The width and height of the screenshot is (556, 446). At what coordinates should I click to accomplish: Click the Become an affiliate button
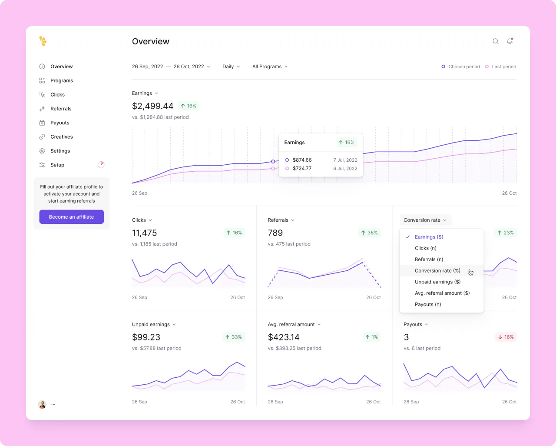coord(71,217)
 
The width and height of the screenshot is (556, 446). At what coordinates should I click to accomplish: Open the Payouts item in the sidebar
coord(60,123)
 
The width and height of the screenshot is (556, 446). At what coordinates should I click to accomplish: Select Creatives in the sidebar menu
coord(61,136)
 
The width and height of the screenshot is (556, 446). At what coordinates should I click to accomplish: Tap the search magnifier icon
coord(495,41)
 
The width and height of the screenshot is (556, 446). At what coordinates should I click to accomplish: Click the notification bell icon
coord(510,41)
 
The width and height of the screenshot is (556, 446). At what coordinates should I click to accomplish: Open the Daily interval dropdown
coord(231,67)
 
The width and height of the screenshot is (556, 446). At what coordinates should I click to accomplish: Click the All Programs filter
coord(270,67)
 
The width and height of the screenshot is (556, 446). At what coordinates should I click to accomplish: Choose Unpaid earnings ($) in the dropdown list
coord(437,282)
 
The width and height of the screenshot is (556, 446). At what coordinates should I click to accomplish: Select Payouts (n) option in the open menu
coord(428,304)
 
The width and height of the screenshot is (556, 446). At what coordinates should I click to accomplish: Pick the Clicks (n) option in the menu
coord(426,248)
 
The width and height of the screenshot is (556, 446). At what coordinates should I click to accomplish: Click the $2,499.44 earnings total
coord(152,106)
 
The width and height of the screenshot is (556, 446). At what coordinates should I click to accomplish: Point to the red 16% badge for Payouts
coord(506,337)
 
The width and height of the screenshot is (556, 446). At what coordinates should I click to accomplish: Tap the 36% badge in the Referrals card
coord(369,233)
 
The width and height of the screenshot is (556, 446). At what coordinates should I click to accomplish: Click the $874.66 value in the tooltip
coord(302,160)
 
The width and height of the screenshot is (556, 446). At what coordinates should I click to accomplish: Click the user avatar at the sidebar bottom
coord(42,404)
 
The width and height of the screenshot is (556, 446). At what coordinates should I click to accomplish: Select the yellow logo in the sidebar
coord(43,41)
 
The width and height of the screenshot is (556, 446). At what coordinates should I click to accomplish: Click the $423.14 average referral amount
coord(284,337)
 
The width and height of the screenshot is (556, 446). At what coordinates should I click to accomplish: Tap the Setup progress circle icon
coord(101,165)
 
